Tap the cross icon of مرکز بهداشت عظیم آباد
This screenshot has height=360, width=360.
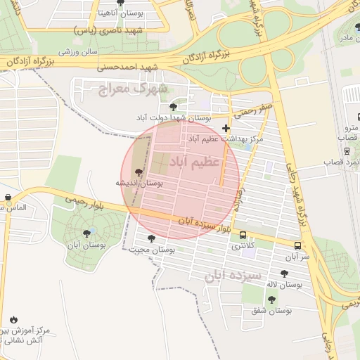[225, 128]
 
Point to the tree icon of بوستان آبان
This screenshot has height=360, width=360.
[86, 233]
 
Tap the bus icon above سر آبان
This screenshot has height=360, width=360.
[298, 246]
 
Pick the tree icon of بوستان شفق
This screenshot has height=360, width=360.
[271, 300]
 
